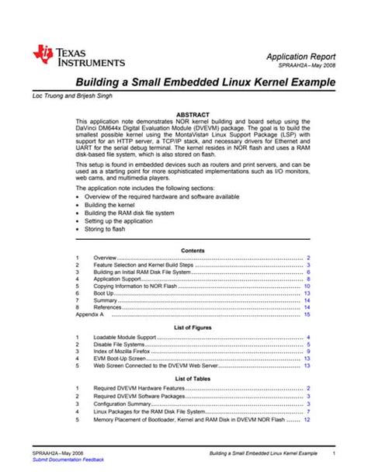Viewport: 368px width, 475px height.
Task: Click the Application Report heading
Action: click(301, 57)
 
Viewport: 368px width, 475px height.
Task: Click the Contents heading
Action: click(193, 250)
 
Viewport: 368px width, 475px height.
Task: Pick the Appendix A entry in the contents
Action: click(89, 315)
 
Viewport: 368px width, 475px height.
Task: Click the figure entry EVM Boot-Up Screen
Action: click(121, 359)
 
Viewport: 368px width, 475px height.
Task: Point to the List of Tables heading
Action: click(193, 378)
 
